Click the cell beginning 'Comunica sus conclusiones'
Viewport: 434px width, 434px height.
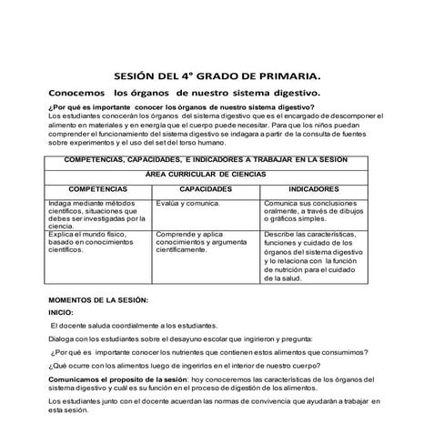[x=314, y=211]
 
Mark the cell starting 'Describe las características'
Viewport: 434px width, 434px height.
[x=314, y=256]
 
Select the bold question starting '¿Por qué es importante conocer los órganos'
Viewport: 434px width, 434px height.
[x=186, y=107]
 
